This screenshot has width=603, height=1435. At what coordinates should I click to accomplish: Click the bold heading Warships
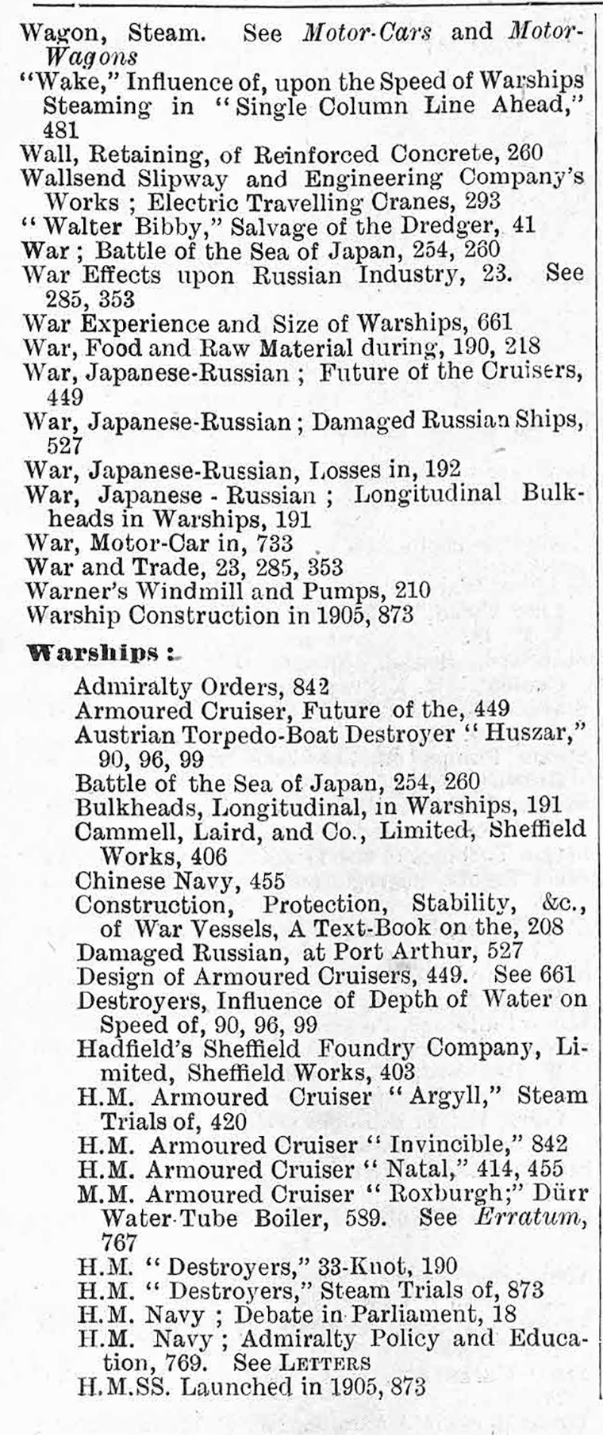click(x=94, y=654)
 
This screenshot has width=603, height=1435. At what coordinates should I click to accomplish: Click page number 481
click(x=60, y=130)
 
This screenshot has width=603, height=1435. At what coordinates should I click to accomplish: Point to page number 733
click(x=272, y=543)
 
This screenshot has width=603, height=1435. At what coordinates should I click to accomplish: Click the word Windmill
click(x=201, y=591)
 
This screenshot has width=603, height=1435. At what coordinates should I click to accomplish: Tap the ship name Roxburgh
click(x=451, y=1195)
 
